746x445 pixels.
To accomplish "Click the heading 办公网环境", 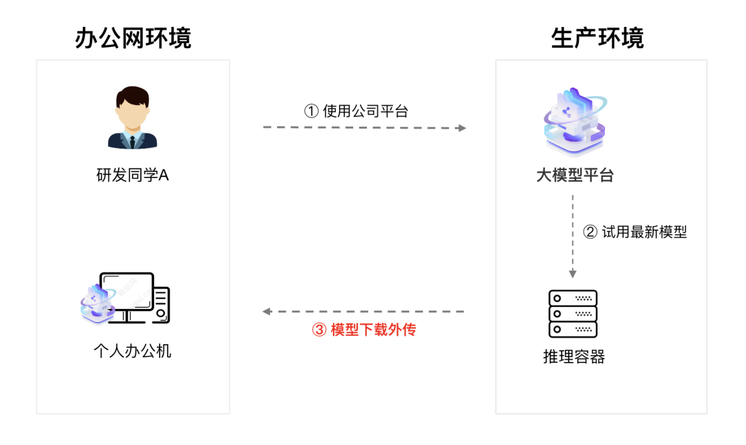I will pos(133,39).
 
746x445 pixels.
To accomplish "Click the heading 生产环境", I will pos(597,39).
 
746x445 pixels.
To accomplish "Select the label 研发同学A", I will pos(133,176).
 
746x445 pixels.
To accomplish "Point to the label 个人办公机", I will pos(133,351).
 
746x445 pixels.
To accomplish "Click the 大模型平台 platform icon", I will pos(574,123).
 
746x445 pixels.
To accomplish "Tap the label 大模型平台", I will pos(574,176).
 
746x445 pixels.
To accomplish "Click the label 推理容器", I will pos(574,357).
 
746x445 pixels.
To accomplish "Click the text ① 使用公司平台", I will pos(356,111).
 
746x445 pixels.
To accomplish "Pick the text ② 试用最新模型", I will pos(635,232).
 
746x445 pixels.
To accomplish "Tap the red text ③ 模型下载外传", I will pos(364,330).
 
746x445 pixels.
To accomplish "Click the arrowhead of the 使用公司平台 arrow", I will pos(462,128).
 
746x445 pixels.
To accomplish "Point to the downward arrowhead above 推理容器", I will pos(573,274).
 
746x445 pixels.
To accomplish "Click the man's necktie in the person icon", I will pos(133,142).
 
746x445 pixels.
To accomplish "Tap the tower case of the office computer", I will pos(161,305).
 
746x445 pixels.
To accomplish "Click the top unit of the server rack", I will pos(573,298).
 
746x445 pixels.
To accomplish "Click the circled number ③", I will pos(318,330).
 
